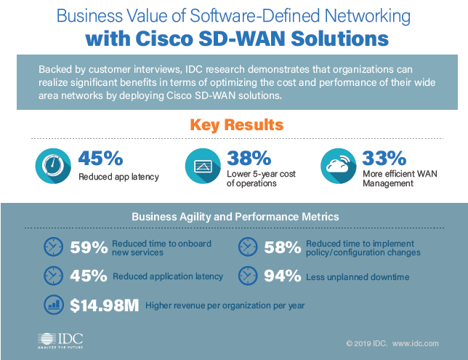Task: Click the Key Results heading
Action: point(233,124)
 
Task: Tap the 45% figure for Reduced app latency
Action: point(101,158)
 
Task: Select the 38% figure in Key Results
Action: point(249,158)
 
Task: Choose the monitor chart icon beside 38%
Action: point(203,167)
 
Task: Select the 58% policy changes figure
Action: point(282,248)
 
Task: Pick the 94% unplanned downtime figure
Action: point(282,277)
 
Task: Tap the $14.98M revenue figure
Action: point(104,306)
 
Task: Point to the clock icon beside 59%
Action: point(54,247)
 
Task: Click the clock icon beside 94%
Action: point(248,276)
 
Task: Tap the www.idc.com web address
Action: point(415,343)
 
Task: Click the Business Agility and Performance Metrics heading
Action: point(234,217)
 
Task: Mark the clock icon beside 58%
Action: point(248,247)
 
